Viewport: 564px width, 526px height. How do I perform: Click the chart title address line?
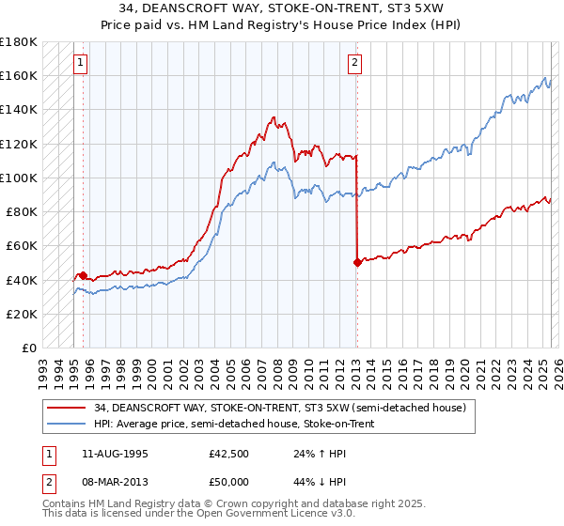282,8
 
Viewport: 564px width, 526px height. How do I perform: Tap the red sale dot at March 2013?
357,263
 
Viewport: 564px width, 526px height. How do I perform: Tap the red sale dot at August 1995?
83,275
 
